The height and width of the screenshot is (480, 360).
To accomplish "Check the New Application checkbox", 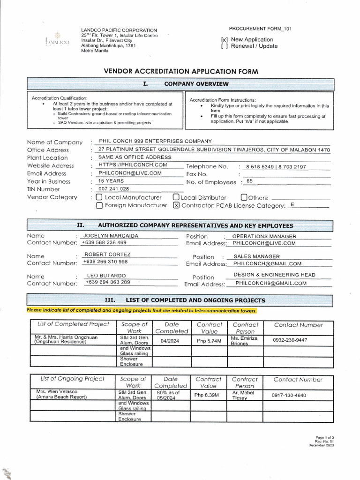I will pos(224,40).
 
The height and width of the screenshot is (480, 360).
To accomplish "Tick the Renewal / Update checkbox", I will pos(224,46).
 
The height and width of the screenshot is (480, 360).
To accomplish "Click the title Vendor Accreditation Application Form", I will pos(180,71).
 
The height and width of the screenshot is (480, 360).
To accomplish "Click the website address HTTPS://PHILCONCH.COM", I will pos(133,165).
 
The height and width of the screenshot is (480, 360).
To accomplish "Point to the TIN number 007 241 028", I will pos(113,189).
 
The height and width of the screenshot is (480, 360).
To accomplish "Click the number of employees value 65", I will pos(249,181).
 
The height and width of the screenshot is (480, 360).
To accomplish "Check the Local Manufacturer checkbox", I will pos(99,197).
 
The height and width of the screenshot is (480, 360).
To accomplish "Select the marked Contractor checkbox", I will pos(176,205).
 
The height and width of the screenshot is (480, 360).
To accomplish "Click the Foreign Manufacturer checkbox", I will pos(99,205).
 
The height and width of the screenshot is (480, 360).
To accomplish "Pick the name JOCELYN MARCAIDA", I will pos(111,236).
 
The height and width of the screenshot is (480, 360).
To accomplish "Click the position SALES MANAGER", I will pos(256,256).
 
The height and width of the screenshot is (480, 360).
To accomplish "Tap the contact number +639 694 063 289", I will pos(108,282).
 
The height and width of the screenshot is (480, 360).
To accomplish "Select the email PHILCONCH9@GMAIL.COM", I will pos(271,283).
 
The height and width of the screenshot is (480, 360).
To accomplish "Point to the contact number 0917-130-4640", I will pos(289,395).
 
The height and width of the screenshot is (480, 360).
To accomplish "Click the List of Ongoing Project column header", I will pos(72,379).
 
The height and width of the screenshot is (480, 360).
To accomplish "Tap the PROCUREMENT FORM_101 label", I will pos(260,29).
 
